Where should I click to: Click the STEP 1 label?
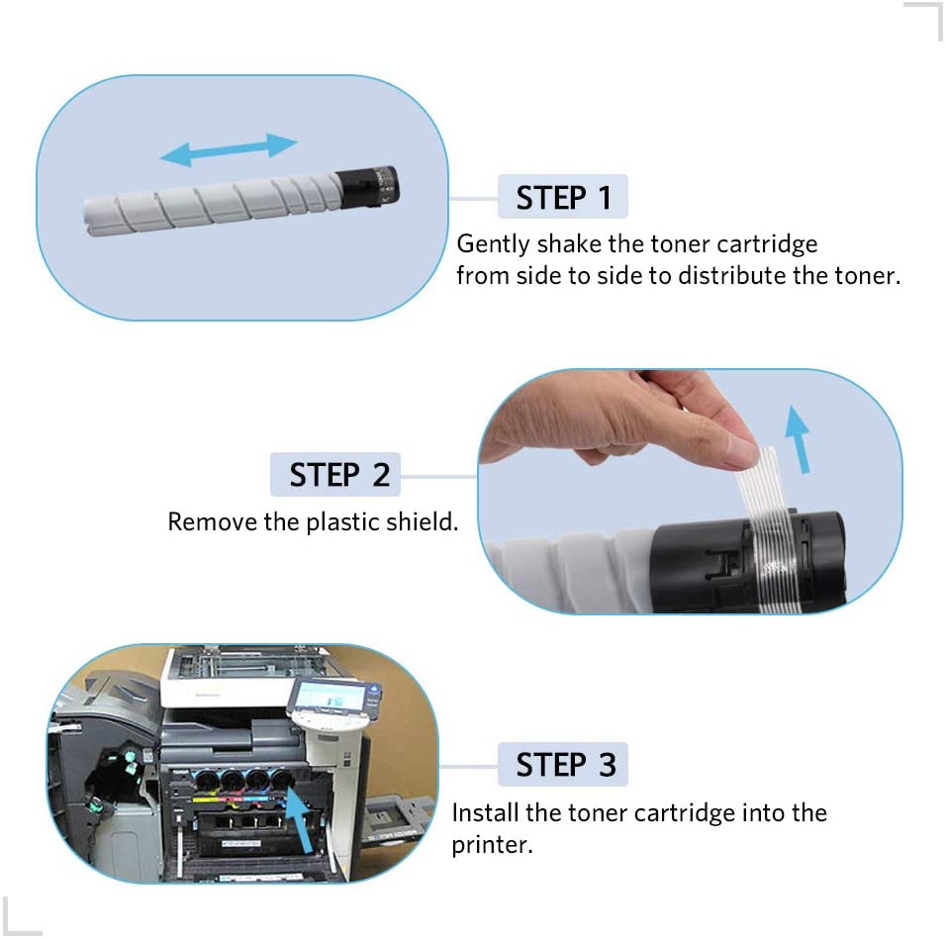[563, 198]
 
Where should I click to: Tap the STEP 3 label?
[564, 765]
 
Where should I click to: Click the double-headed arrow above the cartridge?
[229, 149]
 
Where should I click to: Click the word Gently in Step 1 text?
[493, 244]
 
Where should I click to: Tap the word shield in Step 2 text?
[426, 521]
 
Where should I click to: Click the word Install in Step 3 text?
[486, 813]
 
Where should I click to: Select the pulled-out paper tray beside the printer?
[391, 816]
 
